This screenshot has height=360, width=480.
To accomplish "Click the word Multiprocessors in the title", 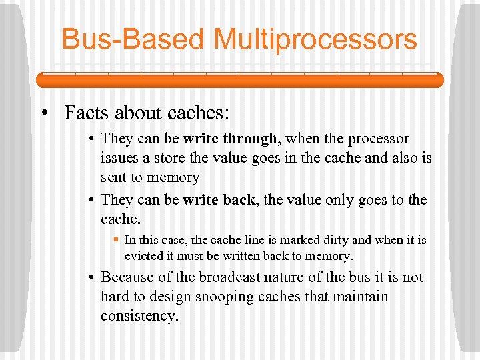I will click(315, 39).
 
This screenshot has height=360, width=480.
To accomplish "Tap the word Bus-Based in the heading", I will click(133, 39).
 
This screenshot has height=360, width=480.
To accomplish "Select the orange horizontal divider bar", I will click(239, 80).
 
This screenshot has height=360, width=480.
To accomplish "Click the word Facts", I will click(84, 113).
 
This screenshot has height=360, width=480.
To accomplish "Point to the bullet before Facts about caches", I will click(43, 113).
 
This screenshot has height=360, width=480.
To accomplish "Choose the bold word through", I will click(250, 139).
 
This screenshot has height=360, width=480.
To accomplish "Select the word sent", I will click(115, 177).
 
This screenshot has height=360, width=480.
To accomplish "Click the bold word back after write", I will click(239, 200).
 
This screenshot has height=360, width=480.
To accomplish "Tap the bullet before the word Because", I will click(92, 277).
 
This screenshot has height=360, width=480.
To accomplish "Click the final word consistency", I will click(139, 316).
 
